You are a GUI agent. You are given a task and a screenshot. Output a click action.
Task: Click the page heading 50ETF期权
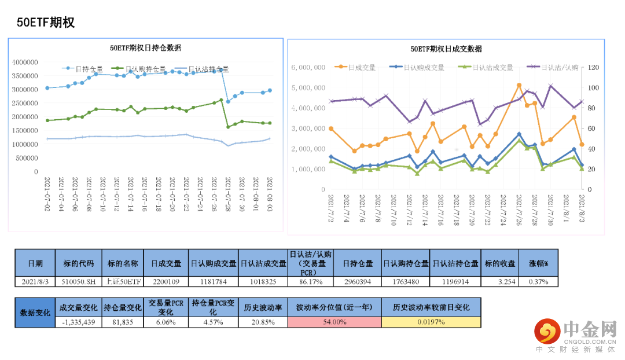pyautogui.click(x=46, y=22)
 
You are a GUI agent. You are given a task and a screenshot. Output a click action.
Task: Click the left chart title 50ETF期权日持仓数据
pyautogui.click(x=145, y=47)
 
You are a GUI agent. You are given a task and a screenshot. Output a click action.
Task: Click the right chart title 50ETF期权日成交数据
pyautogui.click(x=446, y=49)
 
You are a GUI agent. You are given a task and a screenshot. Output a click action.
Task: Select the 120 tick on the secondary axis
pyautogui.click(x=592, y=67)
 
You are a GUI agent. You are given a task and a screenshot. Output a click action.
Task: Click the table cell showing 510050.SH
pyautogui.click(x=78, y=281)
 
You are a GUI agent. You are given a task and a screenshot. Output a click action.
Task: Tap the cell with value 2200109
pyautogui.click(x=166, y=281)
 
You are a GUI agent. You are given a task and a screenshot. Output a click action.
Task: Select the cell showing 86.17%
pyautogui.click(x=311, y=281)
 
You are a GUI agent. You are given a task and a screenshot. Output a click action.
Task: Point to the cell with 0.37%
pyautogui.click(x=539, y=281)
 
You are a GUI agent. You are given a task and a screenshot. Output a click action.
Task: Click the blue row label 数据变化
pyautogui.click(x=35, y=312)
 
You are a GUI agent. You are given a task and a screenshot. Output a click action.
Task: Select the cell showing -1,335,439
pyautogui.click(x=78, y=322)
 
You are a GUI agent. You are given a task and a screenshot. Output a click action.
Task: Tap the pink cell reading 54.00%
pyautogui.click(x=334, y=322)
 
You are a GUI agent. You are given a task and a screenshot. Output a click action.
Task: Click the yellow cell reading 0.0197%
pyautogui.click(x=431, y=322)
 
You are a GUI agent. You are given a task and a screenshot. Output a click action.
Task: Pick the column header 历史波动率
pyautogui.click(x=263, y=307)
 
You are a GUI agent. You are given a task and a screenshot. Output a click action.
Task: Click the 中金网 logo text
pyautogui.click(x=588, y=330)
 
